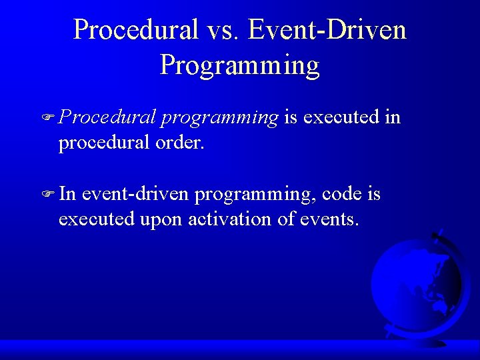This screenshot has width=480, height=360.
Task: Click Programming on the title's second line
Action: click(239, 65)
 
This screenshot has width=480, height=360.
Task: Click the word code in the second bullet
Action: click(342, 194)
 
